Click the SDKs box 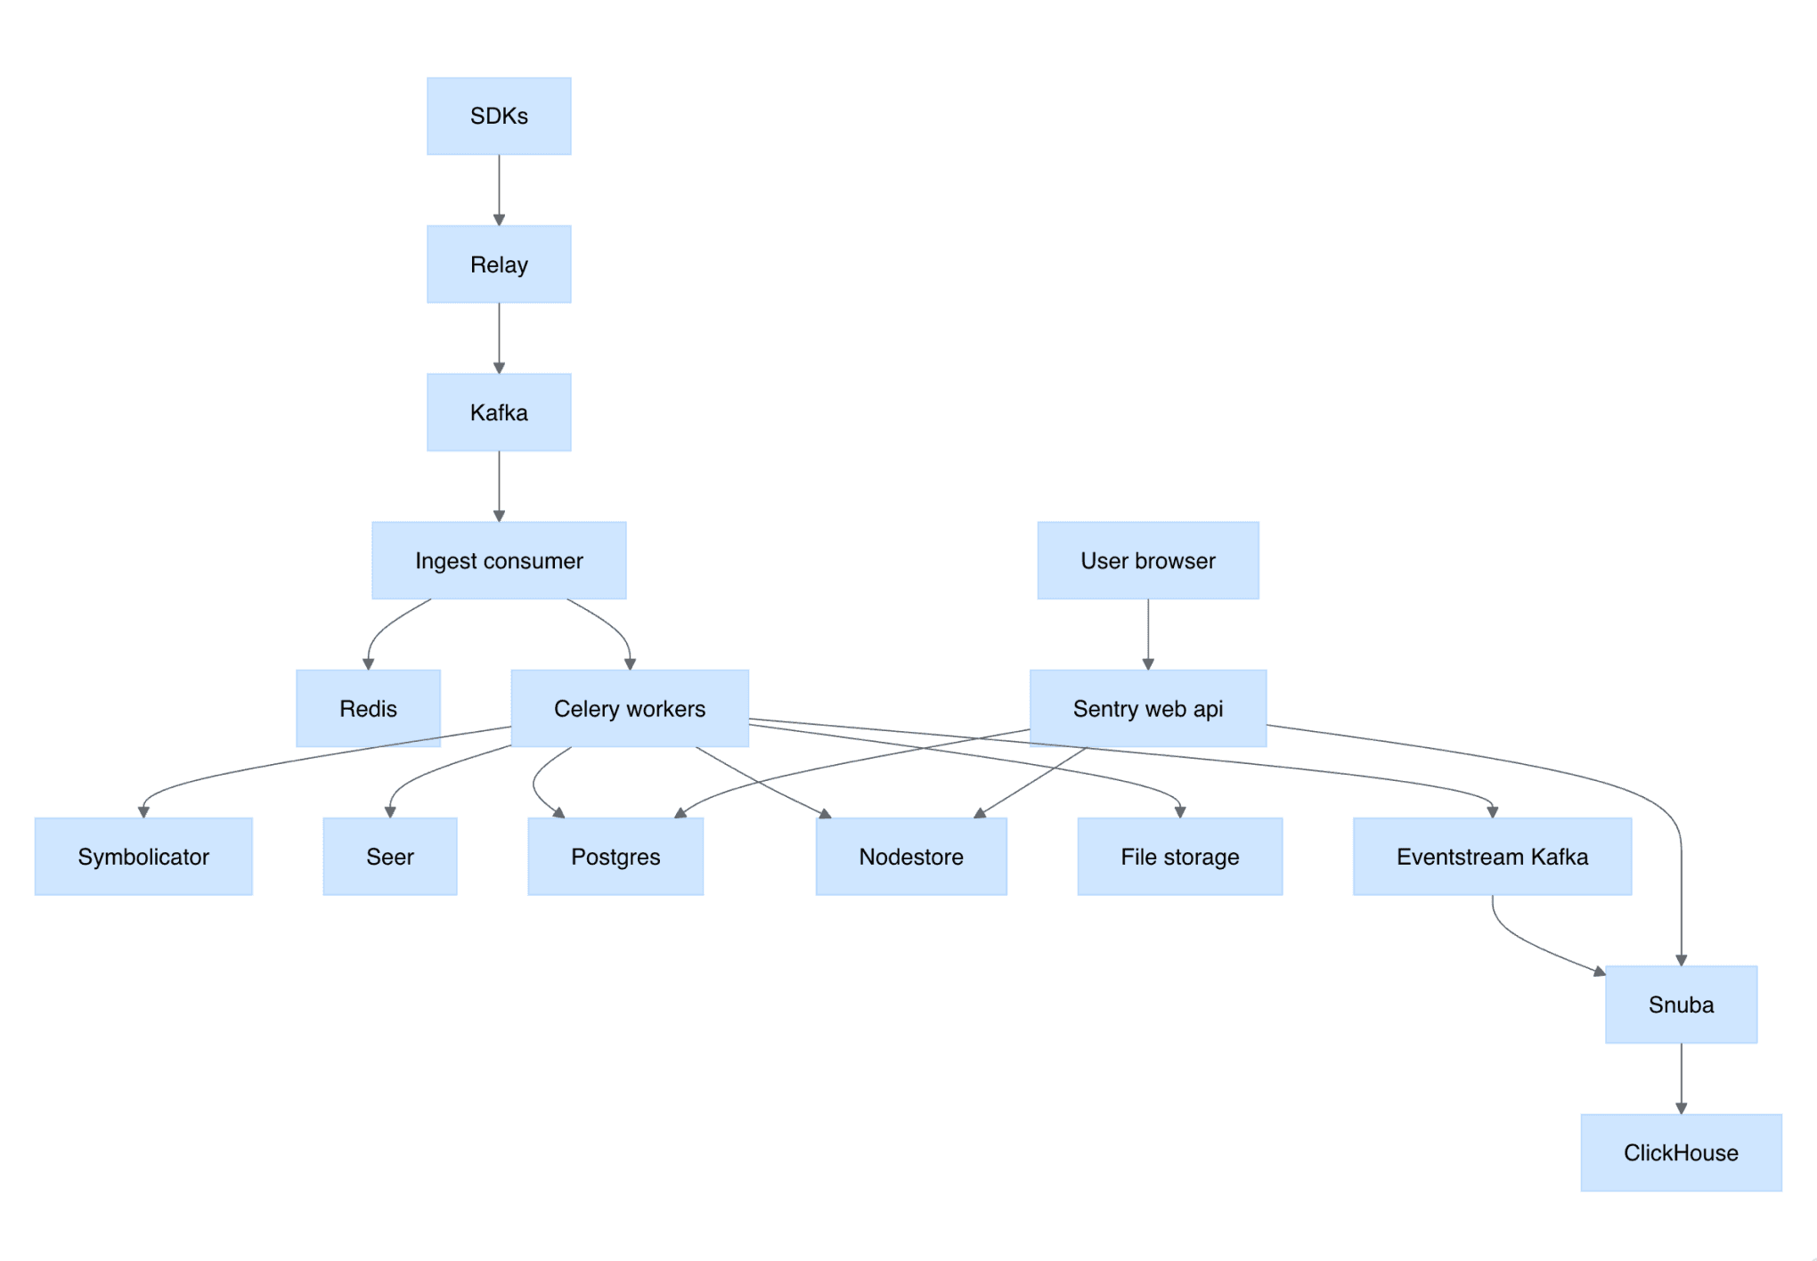499,116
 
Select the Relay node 499,264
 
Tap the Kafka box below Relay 499,412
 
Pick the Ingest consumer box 499,560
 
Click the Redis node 368,708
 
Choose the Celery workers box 630,708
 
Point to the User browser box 1148,560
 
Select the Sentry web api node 1148,708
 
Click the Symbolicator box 143,856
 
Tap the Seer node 390,856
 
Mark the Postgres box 615,856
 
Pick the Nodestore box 911,856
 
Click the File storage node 1180,856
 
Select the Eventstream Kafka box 1492,856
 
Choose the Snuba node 1681,1005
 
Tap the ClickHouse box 1681,1152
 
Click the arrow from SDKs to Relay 499,190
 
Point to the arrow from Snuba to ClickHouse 1681,1078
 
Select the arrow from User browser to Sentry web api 1148,634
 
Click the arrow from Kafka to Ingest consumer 499,486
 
